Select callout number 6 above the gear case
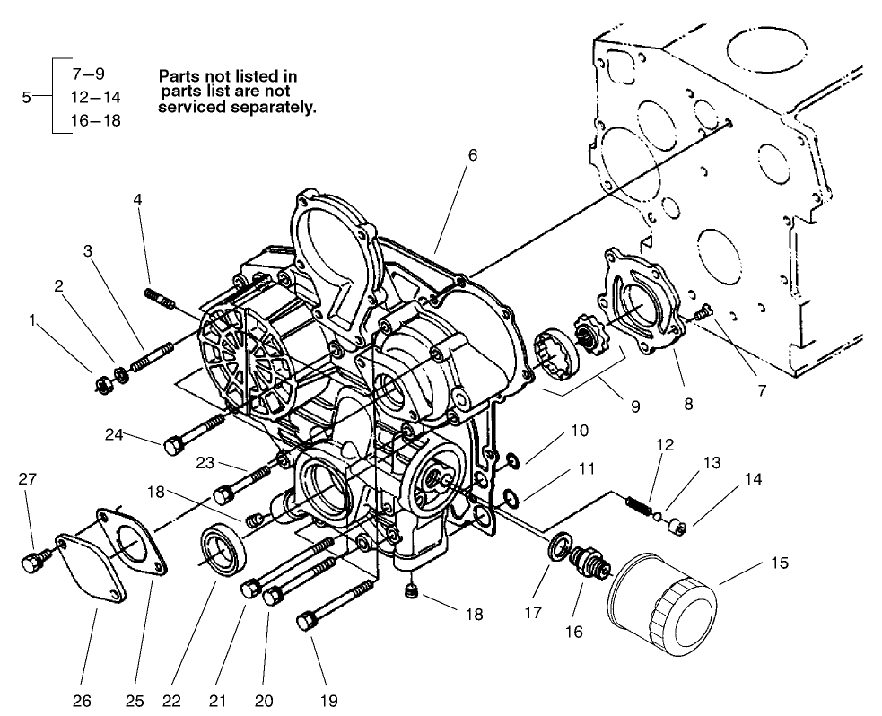(472, 154)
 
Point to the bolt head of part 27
(29, 563)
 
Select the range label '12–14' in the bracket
(95, 96)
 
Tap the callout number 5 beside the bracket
(25, 96)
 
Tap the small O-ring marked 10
(511, 462)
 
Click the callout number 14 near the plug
(753, 479)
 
